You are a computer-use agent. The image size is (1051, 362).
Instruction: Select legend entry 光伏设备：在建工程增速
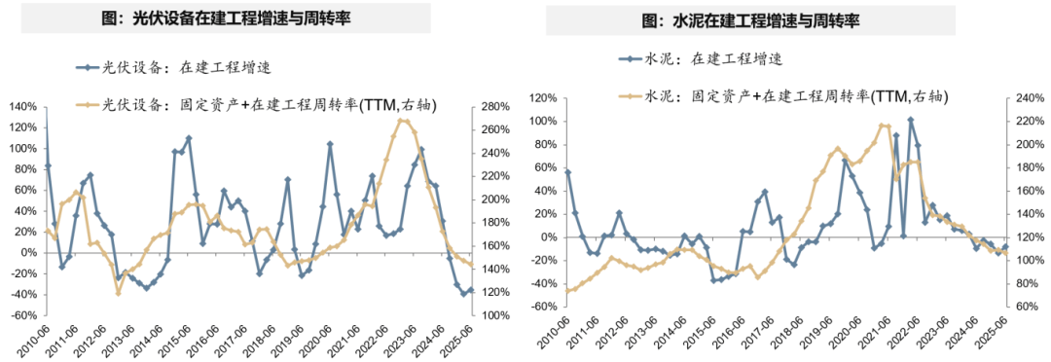coord(176,68)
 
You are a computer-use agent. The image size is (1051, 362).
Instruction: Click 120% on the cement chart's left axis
coord(541,98)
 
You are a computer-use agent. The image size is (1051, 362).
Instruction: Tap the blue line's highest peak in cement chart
coord(911,119)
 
